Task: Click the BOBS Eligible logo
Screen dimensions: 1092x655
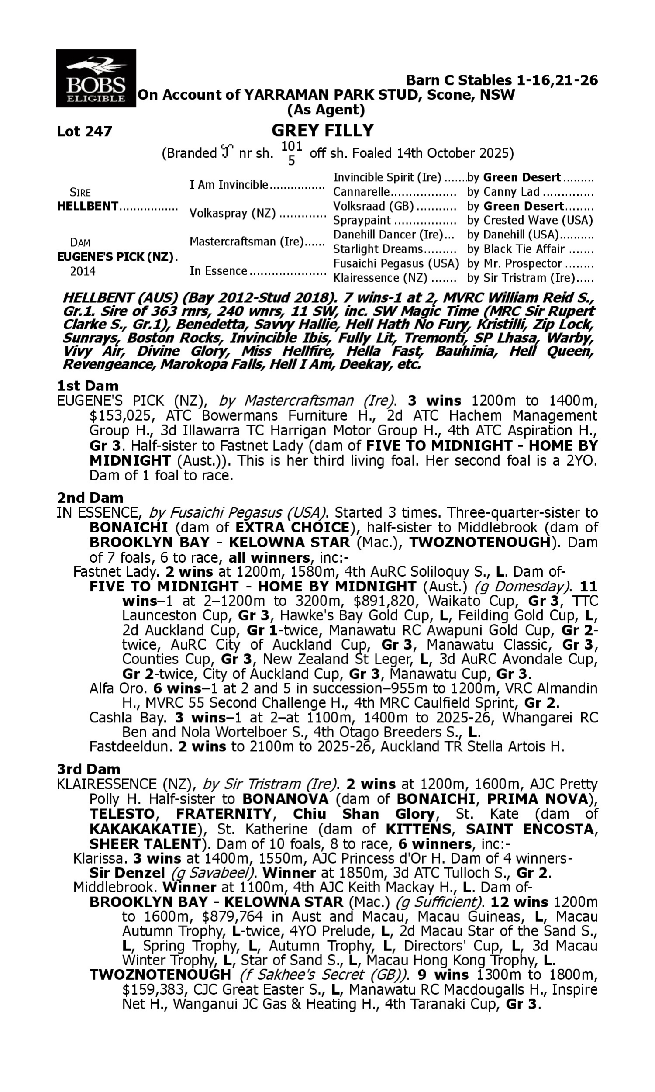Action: tap(96, 78)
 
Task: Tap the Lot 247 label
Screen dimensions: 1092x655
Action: tap(84, 131)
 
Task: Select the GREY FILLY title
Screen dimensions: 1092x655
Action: tap(322, 131)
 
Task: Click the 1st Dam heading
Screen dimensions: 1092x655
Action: tap(87, 386)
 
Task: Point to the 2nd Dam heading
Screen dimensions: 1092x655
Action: tap(90, 498)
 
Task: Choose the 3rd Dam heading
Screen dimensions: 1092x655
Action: tap(88, 769)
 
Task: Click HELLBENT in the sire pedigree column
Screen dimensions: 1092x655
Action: tap(87, 206)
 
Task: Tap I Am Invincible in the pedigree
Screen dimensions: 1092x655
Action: tap(229, 185)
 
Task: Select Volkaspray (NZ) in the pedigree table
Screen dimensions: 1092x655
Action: tap(232, 213)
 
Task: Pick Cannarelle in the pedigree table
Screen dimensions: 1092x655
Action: tap(362, 192)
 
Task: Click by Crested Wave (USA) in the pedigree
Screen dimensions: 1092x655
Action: tap(530, 220)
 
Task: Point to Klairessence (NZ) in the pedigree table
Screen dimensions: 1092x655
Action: tap(380, 278)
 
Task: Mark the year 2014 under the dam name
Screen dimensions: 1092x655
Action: tap(83, 271)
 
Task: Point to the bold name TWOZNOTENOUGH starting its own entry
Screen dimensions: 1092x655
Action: tap(160, 975)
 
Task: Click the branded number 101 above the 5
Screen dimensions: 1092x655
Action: tap(291, 145)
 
